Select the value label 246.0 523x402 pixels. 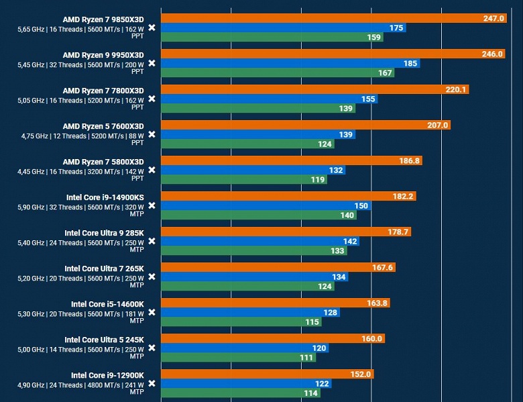[x=492, y=54]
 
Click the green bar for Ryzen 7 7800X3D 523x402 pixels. [x=258, y=108]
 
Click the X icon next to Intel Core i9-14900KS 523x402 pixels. [x=152, y=205]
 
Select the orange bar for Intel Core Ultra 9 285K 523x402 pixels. [x=286, y=232]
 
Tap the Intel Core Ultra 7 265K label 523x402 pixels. [x=104, y=268]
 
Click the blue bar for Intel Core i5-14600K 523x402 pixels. [x=250, y=312]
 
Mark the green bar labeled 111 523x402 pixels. [x=239, y=357]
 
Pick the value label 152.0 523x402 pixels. [x=360, y=374]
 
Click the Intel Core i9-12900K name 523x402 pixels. [x=107, y=374]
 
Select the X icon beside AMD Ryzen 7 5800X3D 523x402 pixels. [x=152, y=170]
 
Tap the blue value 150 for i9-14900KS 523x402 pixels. [x=360, y=206]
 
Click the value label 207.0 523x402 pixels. [x=437, y=125]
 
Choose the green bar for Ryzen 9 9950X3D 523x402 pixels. [x=278, y=72]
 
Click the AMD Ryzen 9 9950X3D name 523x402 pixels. [x=103, y=54]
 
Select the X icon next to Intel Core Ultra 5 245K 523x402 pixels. [x=152, y=348]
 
